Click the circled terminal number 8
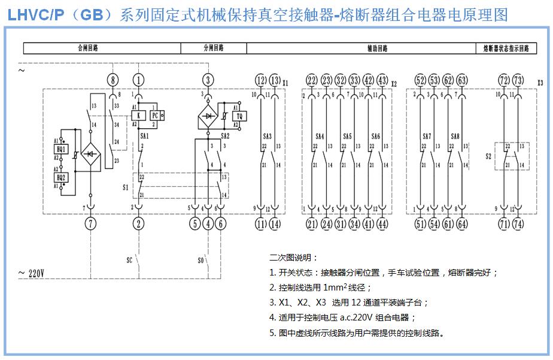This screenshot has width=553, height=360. (x=113, y=80)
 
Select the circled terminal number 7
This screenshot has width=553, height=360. (x=90, y=224)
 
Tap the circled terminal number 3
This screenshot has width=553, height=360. (x=208, y=80)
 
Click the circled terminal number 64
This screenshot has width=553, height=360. (x=463, y=224)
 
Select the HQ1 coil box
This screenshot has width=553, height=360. (x=60, y=149)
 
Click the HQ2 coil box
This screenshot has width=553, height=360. (x=60, y=177)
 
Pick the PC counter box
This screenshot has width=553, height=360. (x=154, y=116)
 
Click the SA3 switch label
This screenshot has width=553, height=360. (x=268, y=137)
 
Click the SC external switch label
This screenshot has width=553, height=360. (x=129, y=261)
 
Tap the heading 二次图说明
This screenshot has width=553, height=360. (x=290, y=258)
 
